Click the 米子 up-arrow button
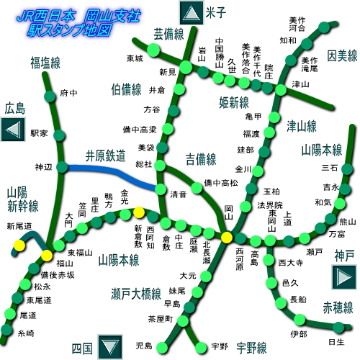click(x=191, y=12)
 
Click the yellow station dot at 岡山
click(x=227, y=238)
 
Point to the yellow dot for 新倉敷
click(x=138, y=213)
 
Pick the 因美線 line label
click(x=343, y=55)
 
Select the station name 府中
click(x=69, y=93)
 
